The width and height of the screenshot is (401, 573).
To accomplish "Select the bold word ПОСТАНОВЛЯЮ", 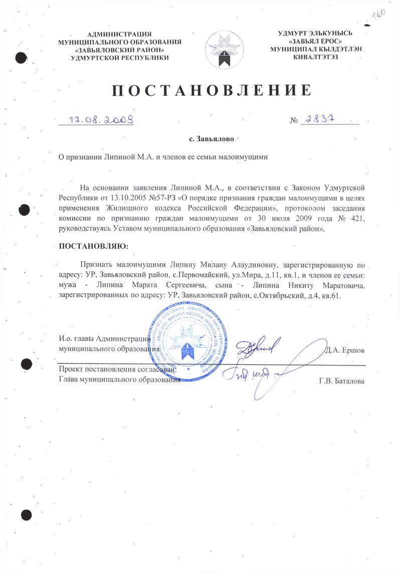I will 93,246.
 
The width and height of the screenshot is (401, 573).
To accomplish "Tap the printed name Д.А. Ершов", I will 345,349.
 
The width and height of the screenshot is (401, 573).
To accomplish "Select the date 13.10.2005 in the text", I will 125,196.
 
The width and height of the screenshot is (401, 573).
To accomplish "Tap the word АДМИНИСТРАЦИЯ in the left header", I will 120,34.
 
